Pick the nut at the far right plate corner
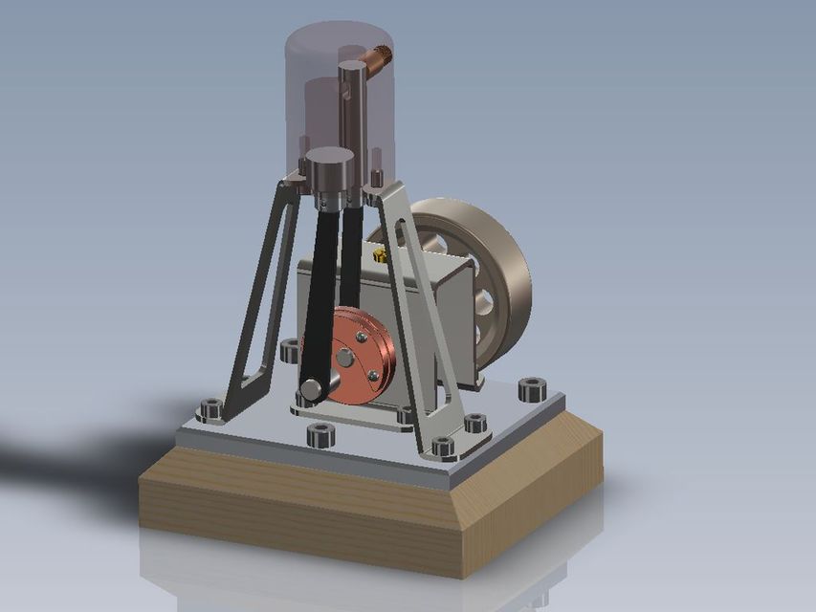[x=531, y=389]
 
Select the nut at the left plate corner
[x=210, y=411]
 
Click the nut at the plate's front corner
[x=444, y=447]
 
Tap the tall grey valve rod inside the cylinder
[x=351, y=115]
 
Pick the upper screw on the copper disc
[x=362, y=337]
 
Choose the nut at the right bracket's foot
[x=474, y=422]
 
